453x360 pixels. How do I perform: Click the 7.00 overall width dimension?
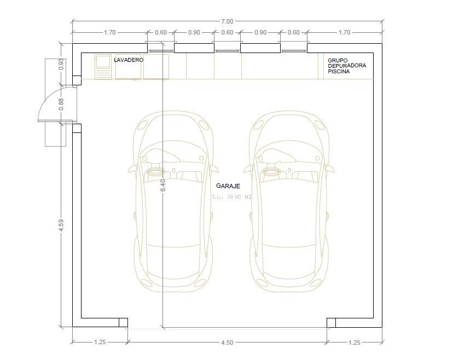pos(227,21)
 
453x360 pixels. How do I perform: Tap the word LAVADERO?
pos(129,60)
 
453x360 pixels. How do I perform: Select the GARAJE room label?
pos(228,186)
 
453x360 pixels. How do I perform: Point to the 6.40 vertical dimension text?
pos(162,185)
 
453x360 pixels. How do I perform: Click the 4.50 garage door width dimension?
pos(227,342)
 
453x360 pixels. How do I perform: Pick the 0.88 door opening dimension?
pos(61,104)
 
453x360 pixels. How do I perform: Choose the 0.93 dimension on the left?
pos(61,65)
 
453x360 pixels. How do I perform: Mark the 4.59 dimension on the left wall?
pos(61,225)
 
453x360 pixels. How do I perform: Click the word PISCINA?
pos(339,71)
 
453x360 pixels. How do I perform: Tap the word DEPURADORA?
pos(347,66)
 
